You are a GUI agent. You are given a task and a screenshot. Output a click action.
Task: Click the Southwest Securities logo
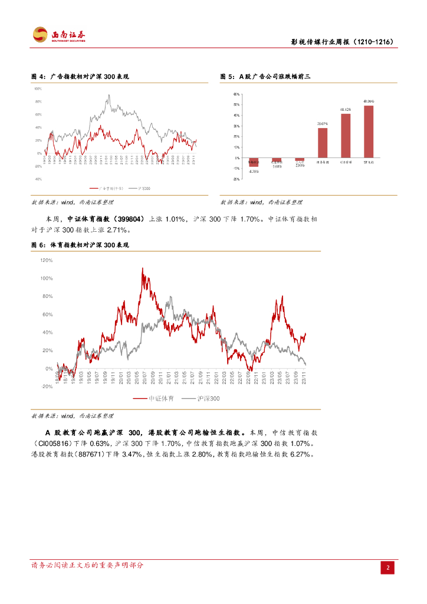tap(59, 35)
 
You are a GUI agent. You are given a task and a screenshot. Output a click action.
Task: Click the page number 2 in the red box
tap(388, 567)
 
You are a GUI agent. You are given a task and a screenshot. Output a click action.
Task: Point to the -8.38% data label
tap(254, 172)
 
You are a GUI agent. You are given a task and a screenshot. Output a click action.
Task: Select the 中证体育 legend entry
tap(155, 399)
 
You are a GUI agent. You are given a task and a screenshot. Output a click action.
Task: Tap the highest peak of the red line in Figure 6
tap(142, 268)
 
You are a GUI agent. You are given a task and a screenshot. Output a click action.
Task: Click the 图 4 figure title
tap(80, 77)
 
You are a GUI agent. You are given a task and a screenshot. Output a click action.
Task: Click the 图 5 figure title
tap(265, 77)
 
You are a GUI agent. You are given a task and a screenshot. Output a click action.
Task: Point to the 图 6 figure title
tap(80, 244)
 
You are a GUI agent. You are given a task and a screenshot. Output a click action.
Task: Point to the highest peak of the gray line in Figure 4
tap(109, 95)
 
